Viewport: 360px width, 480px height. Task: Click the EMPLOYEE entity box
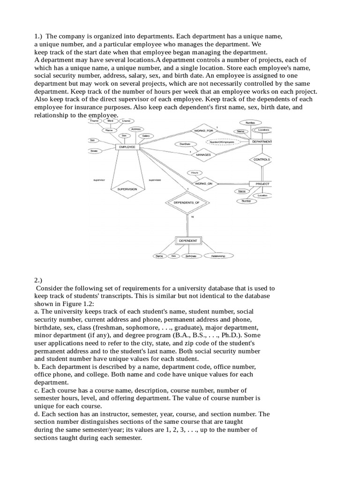[128, 147]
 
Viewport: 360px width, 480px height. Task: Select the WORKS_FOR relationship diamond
[203, 130]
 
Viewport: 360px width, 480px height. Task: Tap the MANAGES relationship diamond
[203, 154]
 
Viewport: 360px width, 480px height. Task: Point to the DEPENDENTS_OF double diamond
[187, 202]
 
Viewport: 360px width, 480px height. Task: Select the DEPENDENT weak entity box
[187, 241]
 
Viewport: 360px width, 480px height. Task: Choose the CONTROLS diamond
[262, 159]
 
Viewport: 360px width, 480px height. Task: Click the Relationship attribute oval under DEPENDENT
[218, 256]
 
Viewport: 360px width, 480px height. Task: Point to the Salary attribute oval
[146, 136]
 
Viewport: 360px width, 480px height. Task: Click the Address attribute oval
[136, 129]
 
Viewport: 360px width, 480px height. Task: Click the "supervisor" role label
[99, 180]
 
